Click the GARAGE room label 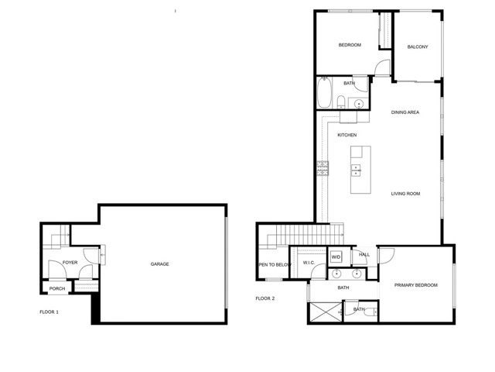pyautogui.click(x=160, y=263)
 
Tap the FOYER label pyautogui.click(x=70, y=263)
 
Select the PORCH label pyautogui.click(x=57, y=288)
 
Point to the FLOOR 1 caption pyautogui.click(x=49, y=312)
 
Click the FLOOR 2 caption pyautogui.click(x=265, y=298)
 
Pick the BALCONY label pyautogui.click(x=418, y=46)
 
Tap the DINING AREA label pyautogui.click(x=405, y=112)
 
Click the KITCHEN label pyautogui.click(x=347, y=135)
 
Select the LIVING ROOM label pyautogui.click(x=405, y=194)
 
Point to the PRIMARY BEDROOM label pyautogui.click(x=416, y=285)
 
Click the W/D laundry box pyautogui.click(x=336, y=257)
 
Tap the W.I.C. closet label pyautogui.click(x=309, y=263)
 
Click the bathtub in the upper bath pyautogui.click(x=324, y=93)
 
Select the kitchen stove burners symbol pyautogui.click(x=323, y=168)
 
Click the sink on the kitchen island pyautogui.click(x=356, y=170)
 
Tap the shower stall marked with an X pyautogui.click(x=325, y=312)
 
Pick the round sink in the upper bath pyautogui.click(x=359, y=103)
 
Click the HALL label pyautogui.click(x=364, y=255)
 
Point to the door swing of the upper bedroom pyautogui.click(x=382, y=67)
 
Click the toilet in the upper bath pyautogui.click(x=341, y=102)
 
